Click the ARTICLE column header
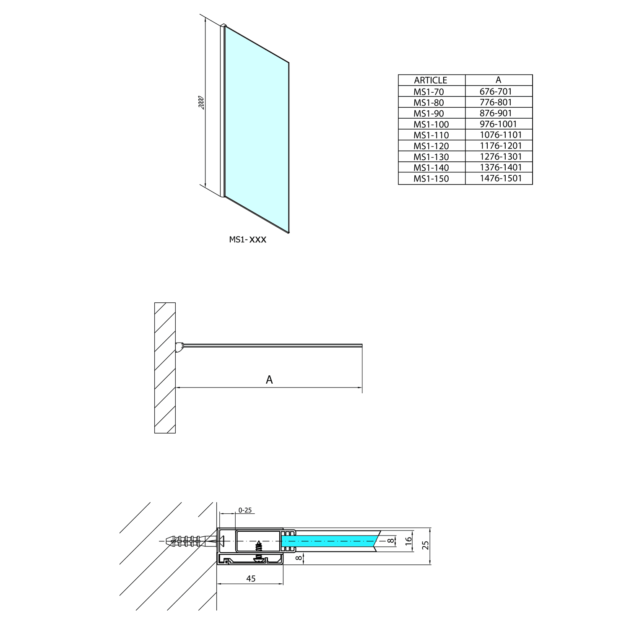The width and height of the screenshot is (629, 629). pos(431,80)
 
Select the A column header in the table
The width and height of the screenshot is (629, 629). pos(498,80)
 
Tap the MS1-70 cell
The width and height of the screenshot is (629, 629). pos(429,91)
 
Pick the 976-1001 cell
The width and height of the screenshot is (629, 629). pos(498,124)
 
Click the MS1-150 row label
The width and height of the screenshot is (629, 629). pos(431,179)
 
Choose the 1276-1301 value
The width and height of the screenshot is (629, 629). pos(501,157)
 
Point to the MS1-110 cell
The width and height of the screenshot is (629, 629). pos(431,135)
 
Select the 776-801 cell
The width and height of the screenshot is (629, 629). pos(496,102)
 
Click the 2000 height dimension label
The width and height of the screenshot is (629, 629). pos(201,103)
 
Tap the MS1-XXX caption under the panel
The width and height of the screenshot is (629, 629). pos(247,239)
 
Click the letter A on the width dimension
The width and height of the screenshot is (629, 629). pos(269,379)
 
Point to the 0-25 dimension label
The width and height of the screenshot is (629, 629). pos(245,510)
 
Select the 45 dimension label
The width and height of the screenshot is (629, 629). pos(251,579)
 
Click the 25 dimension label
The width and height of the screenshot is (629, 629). pos(426,545)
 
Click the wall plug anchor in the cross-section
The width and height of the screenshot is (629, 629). pos(187,541)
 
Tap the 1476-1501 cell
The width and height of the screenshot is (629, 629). pos(501,178)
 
